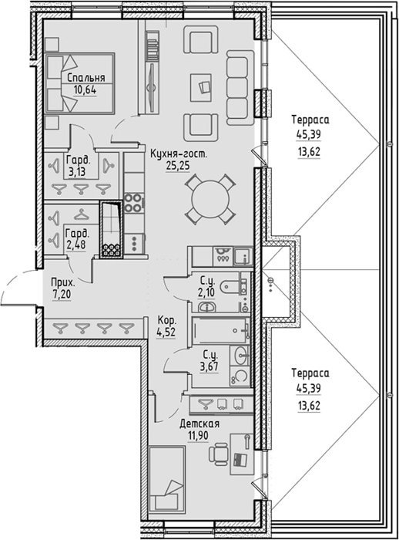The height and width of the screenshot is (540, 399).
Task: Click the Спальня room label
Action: click(x=86, y=77)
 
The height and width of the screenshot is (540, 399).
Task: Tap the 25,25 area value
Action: click(x=178, y=166)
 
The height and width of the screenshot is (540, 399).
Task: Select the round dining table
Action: click(x=210, y=199)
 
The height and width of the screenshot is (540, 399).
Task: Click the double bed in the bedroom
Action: click(x=80, y=83)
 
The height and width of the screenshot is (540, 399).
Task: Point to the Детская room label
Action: click(x=199, y=424)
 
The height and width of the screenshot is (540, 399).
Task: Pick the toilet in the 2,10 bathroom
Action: click(x=231, y=286)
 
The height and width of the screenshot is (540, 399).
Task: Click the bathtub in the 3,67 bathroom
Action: click(x=220, y=330)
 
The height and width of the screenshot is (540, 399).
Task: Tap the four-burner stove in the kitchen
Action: click(x=133, y=203)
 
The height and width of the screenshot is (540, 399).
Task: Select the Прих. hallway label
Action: click(x=62, y=283)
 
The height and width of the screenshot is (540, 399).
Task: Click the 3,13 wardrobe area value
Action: click(x=76, y=171)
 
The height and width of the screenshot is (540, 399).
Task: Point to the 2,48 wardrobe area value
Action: click(x=76, y=245)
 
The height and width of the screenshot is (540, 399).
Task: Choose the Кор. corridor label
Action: click(x=167, y=321)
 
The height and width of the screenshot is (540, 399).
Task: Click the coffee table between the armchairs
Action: click(x=201, y=87)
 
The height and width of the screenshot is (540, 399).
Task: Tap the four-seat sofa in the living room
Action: click(x=240, y=88)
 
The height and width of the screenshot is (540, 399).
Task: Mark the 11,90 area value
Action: click(x=198, y=436)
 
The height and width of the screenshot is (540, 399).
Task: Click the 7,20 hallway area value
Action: click(x=62, y=295)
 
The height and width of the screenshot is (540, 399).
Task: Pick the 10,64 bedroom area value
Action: click(x=85, y=90)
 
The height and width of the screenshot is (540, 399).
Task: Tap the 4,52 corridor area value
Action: click(x=166, y=332)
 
